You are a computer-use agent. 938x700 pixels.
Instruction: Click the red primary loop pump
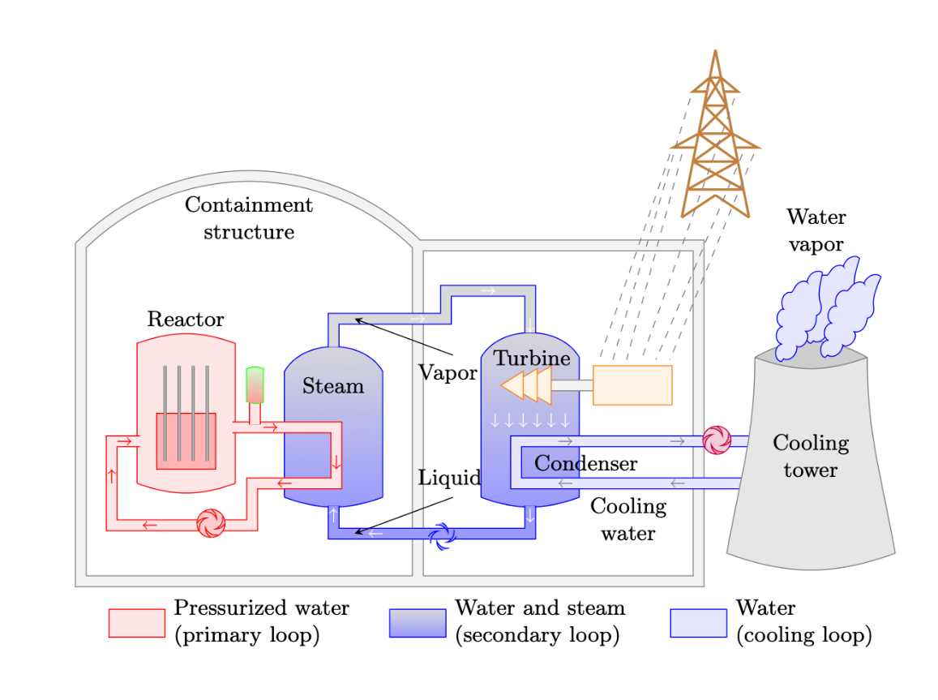[x=211, y=523]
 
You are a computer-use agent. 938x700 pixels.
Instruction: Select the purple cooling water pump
[x=716, y=440]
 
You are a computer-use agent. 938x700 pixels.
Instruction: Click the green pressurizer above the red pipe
[x=255, y=384]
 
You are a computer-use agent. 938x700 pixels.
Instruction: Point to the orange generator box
[x=632, y=384]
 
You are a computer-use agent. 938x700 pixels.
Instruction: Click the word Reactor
[x=186, y=320]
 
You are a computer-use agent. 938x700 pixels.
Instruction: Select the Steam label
[x=333, y=386]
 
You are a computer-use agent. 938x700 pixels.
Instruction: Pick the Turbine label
[x=532, y=359]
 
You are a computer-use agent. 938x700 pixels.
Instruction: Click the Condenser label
[x=585, y=464]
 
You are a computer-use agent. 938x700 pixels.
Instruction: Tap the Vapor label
[x=448, y=373]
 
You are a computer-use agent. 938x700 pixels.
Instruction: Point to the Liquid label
[x=449, y=478]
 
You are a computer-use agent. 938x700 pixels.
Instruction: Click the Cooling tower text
[x=811, y=456]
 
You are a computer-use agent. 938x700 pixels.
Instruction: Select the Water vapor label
[x=816, y=230]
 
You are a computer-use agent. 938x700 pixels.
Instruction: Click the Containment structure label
[x=249, y=218]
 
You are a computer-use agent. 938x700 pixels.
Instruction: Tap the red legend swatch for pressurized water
[x=137, y=623]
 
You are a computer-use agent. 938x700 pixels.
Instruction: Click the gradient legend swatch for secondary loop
[x=418, y=623]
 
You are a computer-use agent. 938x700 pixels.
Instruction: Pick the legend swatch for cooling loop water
[x=698, y=623]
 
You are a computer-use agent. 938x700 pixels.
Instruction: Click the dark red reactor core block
[x=186, y=440]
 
